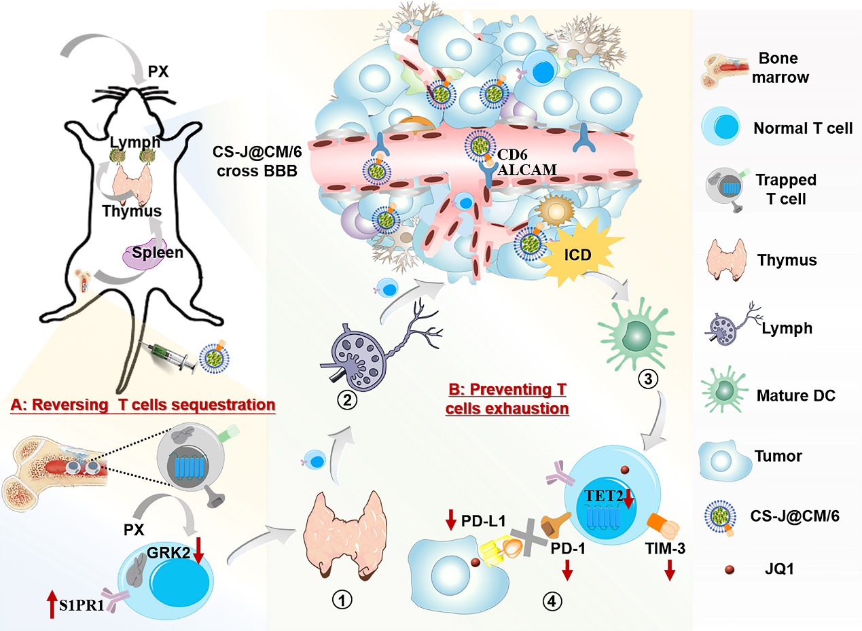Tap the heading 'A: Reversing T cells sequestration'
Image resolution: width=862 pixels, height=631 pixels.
coord(143,405)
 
